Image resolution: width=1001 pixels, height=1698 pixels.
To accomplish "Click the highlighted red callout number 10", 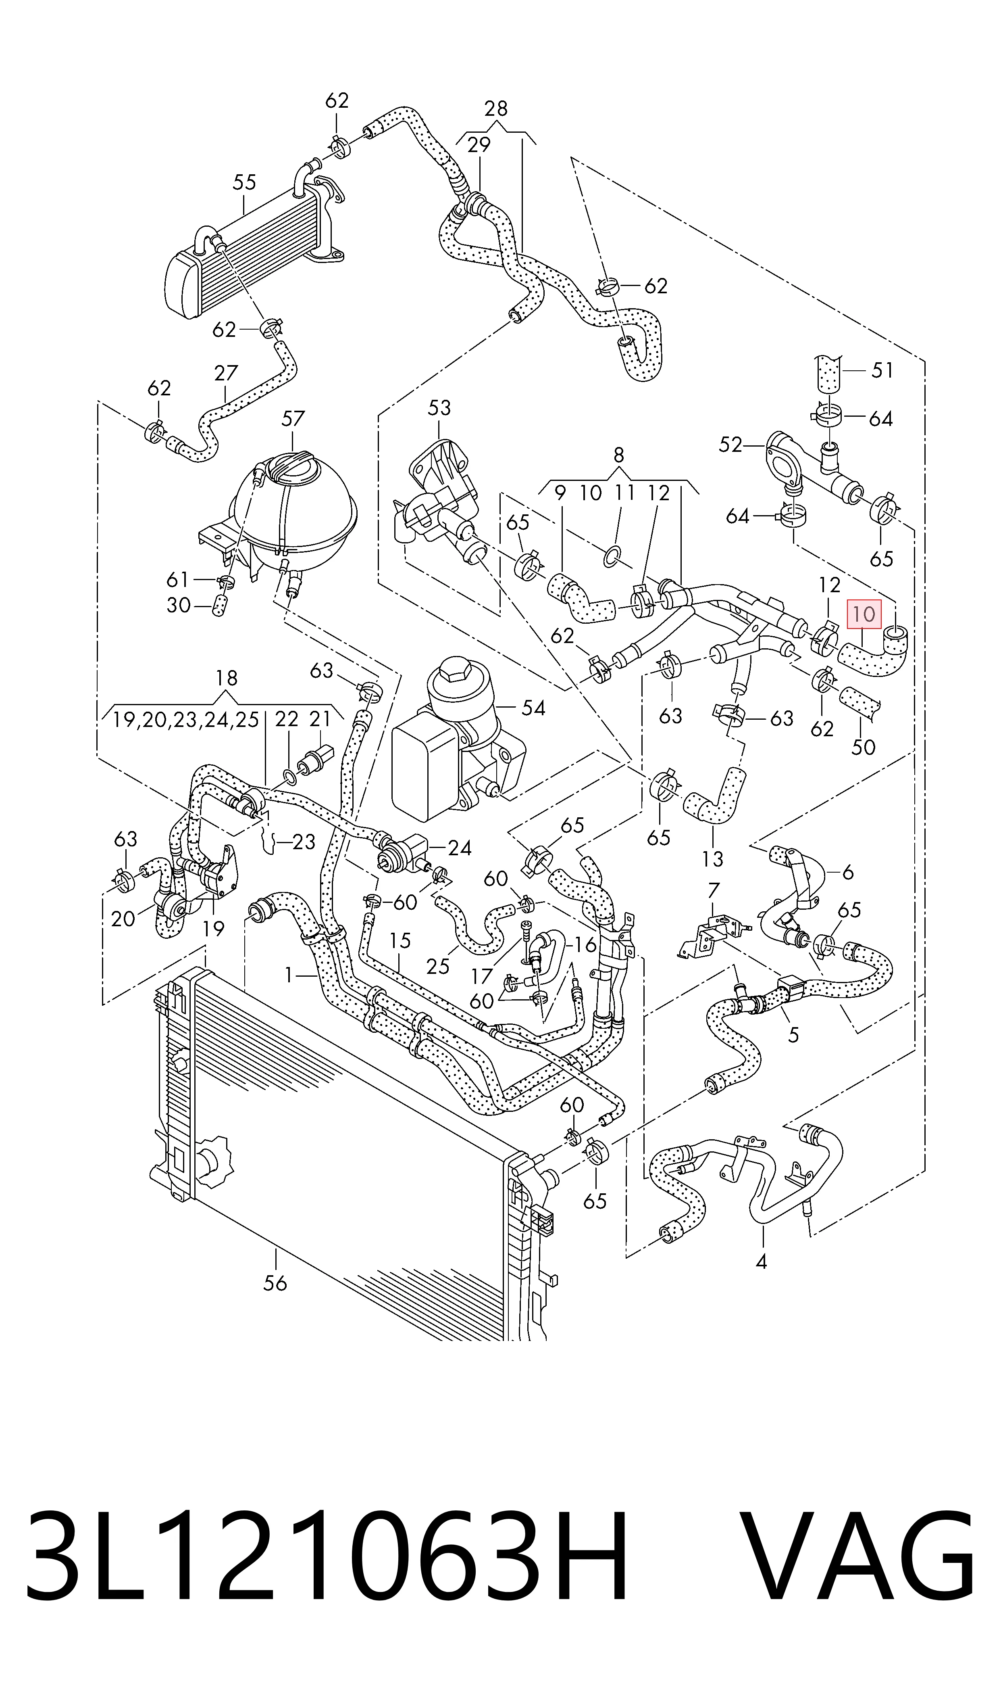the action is (864, 614).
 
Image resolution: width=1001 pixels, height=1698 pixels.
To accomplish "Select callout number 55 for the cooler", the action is (244, 182).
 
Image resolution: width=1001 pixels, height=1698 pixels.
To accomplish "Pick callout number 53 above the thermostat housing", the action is (439, 407).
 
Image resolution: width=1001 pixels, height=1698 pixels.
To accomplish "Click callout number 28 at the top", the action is (496, 108).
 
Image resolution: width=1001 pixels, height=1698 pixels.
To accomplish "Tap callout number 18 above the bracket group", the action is (226, 678).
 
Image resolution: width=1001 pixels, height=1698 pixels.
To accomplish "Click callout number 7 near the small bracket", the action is (714, 891).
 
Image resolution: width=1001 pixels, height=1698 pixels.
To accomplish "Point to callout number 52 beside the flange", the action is (730, 444).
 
